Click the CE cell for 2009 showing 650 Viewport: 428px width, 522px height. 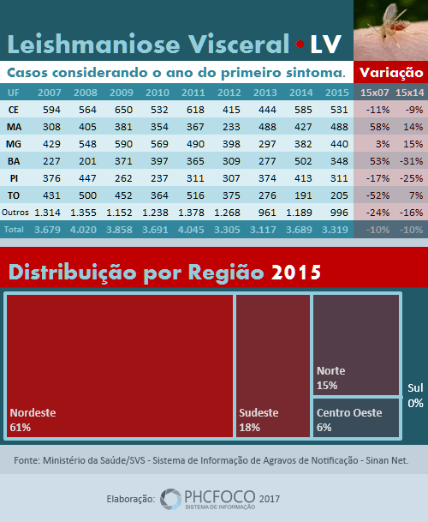click(x=123, y=110)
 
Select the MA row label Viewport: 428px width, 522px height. click(x=14, y=127)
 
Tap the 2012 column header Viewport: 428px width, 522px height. click(x=229, y=93)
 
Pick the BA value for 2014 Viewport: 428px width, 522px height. click(x=303, y=161)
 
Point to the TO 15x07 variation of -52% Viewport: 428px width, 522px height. click(x=377, y=195)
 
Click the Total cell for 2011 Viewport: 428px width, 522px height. click(x=191, y=230)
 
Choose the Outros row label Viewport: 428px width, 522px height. click(x=15, y=213)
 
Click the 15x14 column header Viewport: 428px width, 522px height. click(x=410, y=93)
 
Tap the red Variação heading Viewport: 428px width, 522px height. click(x=391, y=73)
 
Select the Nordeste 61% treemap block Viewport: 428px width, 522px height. click(x=120, y=366)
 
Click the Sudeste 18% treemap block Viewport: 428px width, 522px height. click(x=273, y=366)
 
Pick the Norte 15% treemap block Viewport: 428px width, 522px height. click(x=356, y=345)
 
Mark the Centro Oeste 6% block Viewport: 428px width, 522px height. click(x=356, y=417)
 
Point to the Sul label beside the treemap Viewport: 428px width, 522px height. click(x=415, y=387)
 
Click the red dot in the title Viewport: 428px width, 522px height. click(x=300, y=44)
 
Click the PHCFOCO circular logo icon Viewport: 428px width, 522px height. click(x=171, y=499)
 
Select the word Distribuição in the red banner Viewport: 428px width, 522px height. click(x=72, y=273)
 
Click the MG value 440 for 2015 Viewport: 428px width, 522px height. click(x=339, y=144)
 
